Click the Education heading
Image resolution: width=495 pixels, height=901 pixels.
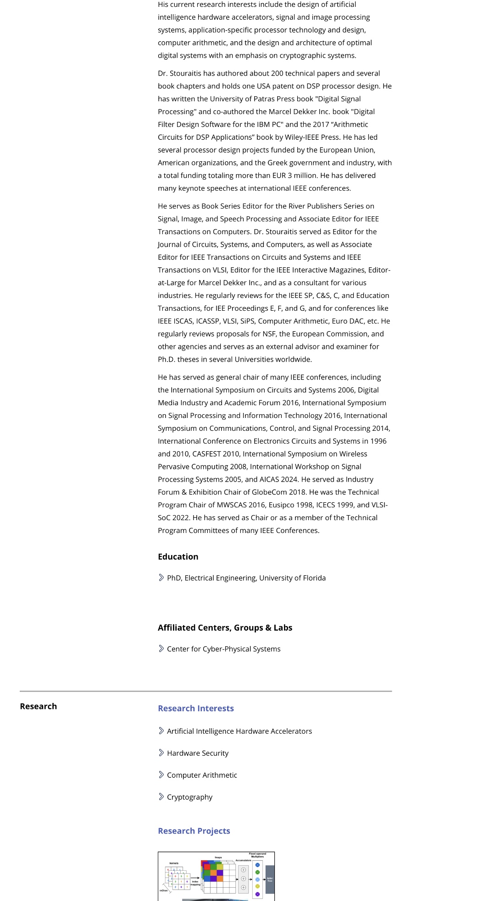tap(178, 557)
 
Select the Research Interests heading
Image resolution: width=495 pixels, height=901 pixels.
tap(196, 709)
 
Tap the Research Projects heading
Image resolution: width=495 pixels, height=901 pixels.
tap(194, 831)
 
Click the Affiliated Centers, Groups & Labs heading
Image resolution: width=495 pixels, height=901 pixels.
tap(225, 628)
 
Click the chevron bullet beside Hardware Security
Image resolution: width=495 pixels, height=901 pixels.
tap(161, 753)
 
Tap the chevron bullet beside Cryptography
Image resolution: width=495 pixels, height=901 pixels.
tap(161, 797)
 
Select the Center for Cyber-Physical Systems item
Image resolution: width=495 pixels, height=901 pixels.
tap(223, 649)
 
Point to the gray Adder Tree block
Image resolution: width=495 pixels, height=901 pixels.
tap(270, 879)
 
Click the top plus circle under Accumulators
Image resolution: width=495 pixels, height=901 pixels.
tap(244, 870)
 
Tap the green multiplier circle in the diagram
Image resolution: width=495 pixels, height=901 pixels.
tap(257, 872)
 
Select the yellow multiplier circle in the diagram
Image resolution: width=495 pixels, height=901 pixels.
tap(257, 886)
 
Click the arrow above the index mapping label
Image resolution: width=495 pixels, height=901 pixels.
tap(195, 878)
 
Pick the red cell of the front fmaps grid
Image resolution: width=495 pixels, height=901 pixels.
tap(207, 867)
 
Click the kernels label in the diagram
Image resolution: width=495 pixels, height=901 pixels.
tap(174, 863)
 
